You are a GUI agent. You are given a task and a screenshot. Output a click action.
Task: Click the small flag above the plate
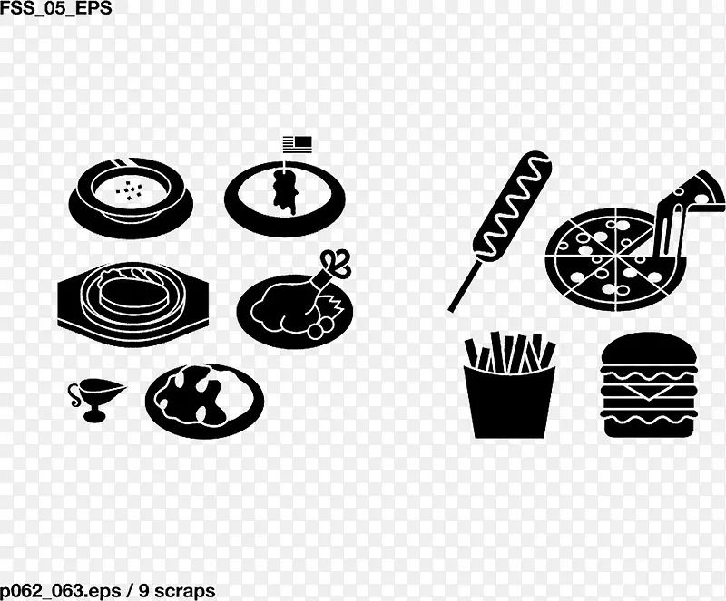click(298, 144)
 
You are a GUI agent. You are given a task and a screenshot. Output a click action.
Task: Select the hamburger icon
click(649, 384)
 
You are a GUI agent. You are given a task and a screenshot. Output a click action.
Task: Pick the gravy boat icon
click(96, 399)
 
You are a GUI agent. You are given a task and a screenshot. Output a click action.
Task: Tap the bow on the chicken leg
click(337, 264)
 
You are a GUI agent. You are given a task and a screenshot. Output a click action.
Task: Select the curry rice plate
click(204, 400)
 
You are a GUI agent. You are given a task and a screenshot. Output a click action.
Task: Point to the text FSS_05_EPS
click(56, 8)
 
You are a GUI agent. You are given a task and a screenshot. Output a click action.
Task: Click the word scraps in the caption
click(184, 591)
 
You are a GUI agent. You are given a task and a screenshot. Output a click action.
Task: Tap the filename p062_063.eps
click(61, 591)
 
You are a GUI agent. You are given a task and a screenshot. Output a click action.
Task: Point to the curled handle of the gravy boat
click(74, 394)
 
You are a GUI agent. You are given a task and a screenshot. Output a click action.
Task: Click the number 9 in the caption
click(144, 590)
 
